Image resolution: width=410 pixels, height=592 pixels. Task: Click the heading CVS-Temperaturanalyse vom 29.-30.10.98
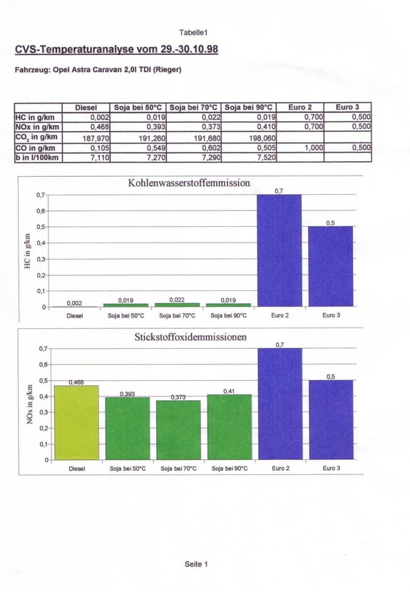pyautogui.click(x=117, y=49)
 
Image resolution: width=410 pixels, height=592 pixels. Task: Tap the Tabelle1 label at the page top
pyautogui.click(x=193, y=33)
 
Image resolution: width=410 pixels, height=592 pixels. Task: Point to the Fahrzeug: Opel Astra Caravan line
pyautogui.click(x=98, y=70)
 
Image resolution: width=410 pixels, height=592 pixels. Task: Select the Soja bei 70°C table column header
pyautogui.click(x=193, y=108)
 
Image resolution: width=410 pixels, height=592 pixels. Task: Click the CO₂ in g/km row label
pyautogui.click(x=36, y=137)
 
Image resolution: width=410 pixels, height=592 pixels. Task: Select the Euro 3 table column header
pyautogui.click(x=347, y=107)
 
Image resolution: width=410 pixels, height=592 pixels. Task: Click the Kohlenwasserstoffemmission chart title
pyautogui.click(x=189, y=183)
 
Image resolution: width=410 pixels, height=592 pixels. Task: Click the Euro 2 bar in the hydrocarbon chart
pyautogui.click(x=280, y=250)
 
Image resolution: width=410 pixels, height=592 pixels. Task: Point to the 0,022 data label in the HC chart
pyautogui.click(x=177, y=300)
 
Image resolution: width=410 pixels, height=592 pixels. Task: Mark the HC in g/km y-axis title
pyautogui.click(x=27, y=251)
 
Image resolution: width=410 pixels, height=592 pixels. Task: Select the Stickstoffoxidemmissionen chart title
pyautogui.click(x=190, y=337)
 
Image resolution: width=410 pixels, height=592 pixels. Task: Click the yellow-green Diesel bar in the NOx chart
pyautogui.click(x=76, y=422)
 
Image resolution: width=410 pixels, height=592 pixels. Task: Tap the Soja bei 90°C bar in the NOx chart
pyautogui.click(x=230, y=427)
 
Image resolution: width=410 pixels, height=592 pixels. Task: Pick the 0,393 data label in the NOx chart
pyautogui.click(x=127, y=394)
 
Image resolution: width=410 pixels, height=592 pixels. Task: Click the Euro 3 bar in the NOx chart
pyautogui.click(x=331, y=420)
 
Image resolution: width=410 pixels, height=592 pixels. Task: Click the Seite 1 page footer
pyautogui.click(x=196, y=564)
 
